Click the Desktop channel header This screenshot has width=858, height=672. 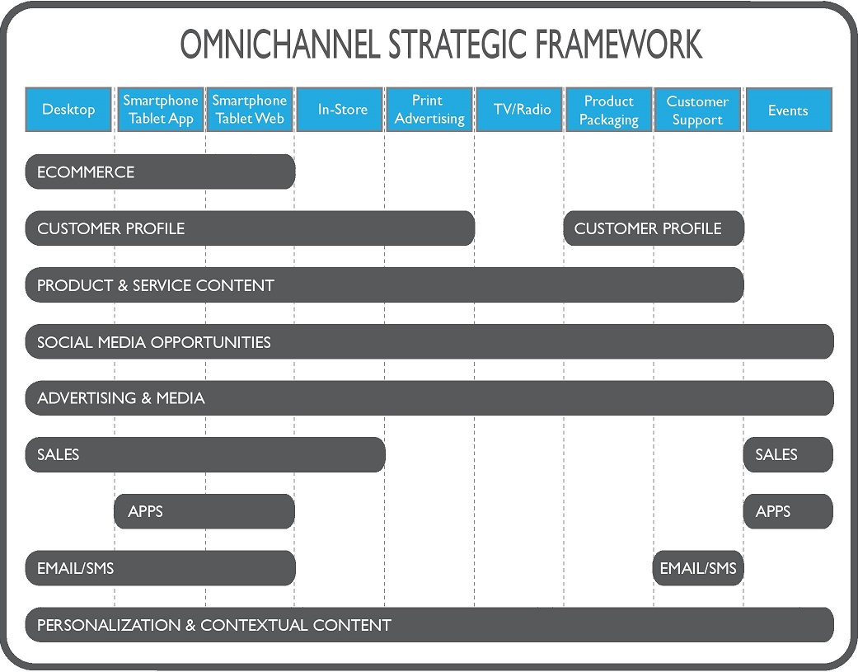pos(68,110)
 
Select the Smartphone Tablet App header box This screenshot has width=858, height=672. pos(160,110)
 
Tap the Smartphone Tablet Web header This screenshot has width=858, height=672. pos(250,110)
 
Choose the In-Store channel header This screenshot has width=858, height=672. pos(340,110)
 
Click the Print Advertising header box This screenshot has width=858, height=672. pos(429,110)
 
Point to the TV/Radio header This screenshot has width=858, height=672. pos(519,110)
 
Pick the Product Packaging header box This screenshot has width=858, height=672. pos(609,110)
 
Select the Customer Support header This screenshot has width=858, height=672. pos(697,110)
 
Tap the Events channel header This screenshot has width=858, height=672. pos(789,110)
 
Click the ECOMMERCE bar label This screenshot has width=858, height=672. pos(86,172)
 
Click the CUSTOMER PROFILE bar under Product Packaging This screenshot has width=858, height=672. pos(654,228)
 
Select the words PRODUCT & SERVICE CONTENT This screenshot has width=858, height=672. pos(156,285)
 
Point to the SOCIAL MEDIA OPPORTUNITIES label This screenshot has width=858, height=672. pos(154,342)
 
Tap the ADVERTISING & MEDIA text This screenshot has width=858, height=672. pos(121,398)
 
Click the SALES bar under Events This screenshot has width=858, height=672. pos(788,455)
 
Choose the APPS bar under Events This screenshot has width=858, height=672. pos(788,512)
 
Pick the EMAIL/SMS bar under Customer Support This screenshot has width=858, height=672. pos(698,568)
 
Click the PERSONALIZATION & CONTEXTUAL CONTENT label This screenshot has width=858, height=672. pos(214,625)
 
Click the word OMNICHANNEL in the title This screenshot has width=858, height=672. pos(279,44)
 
